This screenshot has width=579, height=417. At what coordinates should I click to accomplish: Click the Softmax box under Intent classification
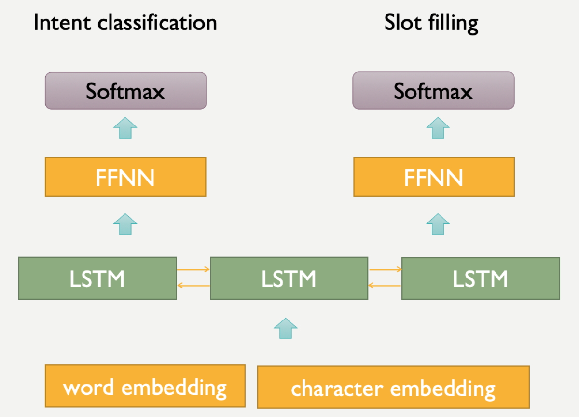click(x=125, y=91)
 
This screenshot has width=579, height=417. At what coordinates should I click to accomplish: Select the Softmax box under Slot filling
click(x=433, y=91)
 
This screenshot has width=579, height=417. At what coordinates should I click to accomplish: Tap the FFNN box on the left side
click(x=125, y=177)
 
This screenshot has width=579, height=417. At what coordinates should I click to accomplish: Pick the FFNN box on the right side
click(x=434, y=177)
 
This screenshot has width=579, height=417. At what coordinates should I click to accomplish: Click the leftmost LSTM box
click(x=97, y=278)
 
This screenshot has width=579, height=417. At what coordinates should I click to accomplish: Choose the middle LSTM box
click(x=289, y=278)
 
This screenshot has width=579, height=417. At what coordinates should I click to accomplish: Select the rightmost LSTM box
click(x=481, y=278)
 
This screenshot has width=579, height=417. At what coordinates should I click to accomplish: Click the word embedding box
click(x=145, y=386)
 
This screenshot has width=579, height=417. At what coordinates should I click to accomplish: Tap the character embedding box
click(x=393, y=387)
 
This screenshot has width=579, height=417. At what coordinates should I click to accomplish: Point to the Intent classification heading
click(x=125, y=23)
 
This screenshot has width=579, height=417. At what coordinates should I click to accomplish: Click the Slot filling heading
click(x=431, y=23)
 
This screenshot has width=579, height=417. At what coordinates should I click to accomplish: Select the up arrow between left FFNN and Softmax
click(x=125, y=128)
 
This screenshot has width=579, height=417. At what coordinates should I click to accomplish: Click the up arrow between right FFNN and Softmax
click(x=438, y=128)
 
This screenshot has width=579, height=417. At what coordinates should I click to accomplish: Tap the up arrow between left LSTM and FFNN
click(x=125, y=224)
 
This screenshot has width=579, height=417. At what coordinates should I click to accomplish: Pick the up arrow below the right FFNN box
click(x=438, y=224)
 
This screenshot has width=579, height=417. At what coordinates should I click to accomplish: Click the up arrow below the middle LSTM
click(x=286, y=329)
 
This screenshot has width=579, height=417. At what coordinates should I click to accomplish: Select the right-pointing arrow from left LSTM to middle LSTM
click(x=193, y=269)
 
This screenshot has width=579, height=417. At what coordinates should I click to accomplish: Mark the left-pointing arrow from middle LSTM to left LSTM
click(x=193, y=286)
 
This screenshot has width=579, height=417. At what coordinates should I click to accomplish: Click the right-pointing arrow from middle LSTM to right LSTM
click(x=385, y=269)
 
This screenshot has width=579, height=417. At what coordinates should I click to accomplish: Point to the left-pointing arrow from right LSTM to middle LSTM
click(x=385, y=286)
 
